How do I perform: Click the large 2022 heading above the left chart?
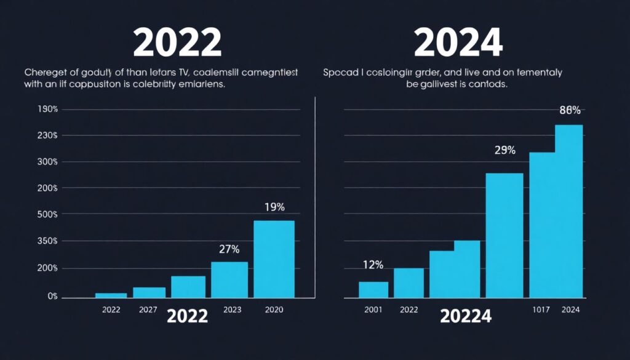click(177, 43)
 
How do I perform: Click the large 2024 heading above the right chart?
click(458, 43)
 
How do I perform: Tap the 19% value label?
click(274, 207)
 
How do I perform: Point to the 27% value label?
click(229, 249)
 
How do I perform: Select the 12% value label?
click(373, 265)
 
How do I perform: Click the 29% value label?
click(504, 150)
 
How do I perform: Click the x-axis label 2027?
click(148, 310)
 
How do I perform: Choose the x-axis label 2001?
click(373, 310)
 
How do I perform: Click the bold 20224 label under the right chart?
click(465, 316)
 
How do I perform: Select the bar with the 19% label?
click(274, 258)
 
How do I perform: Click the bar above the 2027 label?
click(149, 292)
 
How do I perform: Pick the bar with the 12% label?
click(373, 289)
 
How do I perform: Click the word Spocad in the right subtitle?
click(340, 73)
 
